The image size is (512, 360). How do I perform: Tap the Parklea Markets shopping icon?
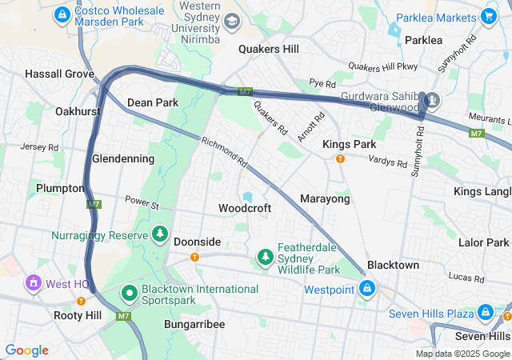click(x=489, y=16)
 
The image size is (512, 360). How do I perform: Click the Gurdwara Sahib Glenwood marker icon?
click(x=433, y=101)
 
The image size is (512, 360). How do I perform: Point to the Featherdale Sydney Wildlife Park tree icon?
click(x=265, y=256)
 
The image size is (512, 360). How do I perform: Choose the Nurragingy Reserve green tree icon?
click(x=161, y=234)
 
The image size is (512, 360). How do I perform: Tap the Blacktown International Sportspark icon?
click(x=129, y=294)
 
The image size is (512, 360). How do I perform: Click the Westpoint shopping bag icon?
click(x=367, y=288)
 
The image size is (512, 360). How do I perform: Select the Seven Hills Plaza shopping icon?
click(x=485, y=312)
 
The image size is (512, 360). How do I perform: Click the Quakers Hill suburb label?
click(x=269, y=49)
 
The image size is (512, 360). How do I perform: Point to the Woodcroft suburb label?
click(x=245, y=208)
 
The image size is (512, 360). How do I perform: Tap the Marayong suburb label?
click(x=325, y=198)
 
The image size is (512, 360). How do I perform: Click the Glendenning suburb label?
click(x=123, y=158)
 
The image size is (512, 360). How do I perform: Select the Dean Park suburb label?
click(x=153, y=102)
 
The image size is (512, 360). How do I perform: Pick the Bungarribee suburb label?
click(x=194, y=324)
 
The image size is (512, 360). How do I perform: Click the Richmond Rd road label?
click(x=224, y=151)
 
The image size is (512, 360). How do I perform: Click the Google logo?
click(x=26, y=350)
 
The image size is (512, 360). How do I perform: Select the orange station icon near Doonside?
click(x=194, y=257)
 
